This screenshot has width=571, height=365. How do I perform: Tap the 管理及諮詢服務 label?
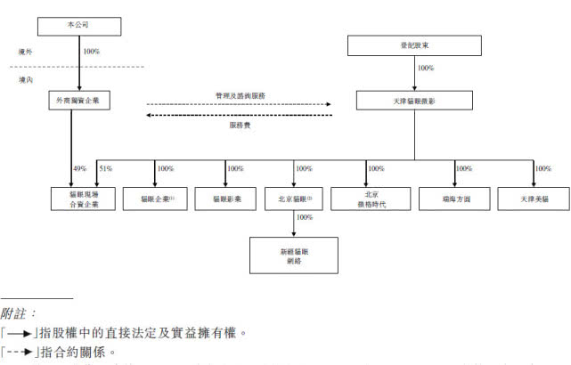point(240,94)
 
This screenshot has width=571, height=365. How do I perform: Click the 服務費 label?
point(239,125)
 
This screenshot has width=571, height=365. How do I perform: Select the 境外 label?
point(28,52)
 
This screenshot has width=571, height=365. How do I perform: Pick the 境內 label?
point(28,79)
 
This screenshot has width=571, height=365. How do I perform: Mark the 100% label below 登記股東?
point(425,68)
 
